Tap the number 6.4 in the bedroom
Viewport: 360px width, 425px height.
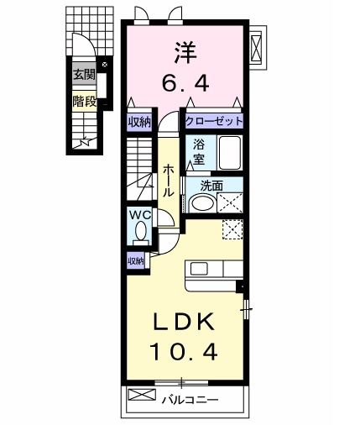(185, 84)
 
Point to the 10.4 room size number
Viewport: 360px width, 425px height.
(185, 351)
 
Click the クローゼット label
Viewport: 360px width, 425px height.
(214, 122)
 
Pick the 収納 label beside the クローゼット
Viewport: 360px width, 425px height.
(139, 122)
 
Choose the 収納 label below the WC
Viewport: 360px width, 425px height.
(136, 261)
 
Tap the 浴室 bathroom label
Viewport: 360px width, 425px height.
(200, 150)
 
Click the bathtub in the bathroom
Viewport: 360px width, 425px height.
(229, 153)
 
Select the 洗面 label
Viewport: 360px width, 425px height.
(211, 186)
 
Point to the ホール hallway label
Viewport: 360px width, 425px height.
(168, 180)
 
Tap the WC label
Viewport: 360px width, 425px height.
(139, 216)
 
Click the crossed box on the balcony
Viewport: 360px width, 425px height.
(140, 395)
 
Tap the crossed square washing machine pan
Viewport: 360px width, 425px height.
(230, 202)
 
